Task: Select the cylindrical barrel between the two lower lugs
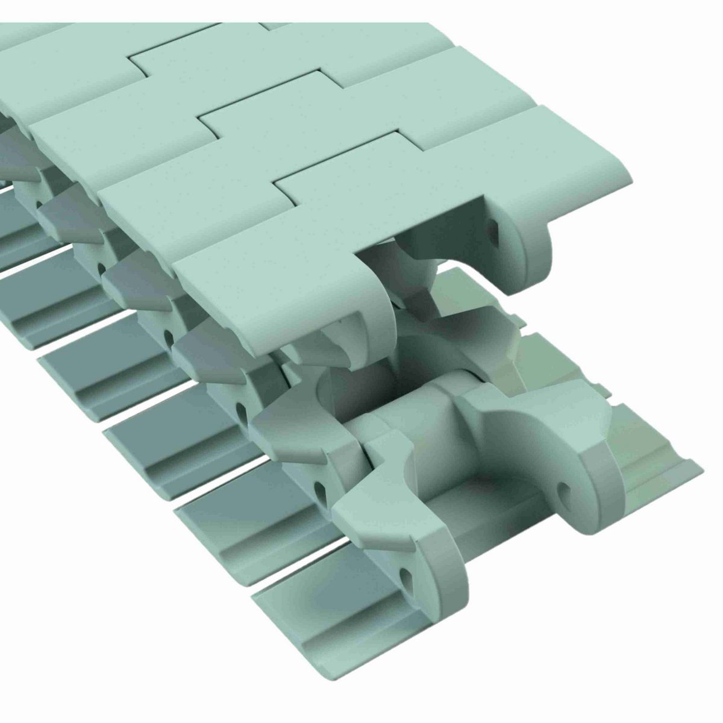[x=416, y=422]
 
